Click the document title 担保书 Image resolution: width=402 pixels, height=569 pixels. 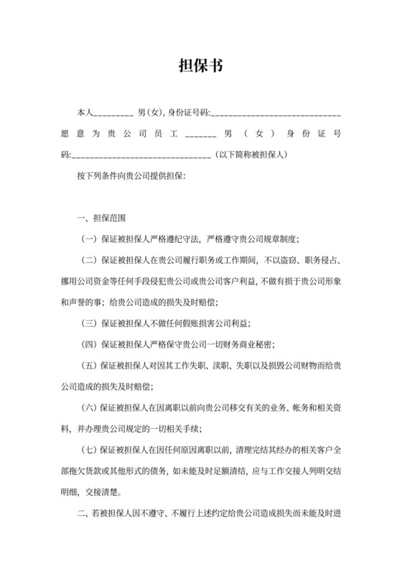tap(200, 66)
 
